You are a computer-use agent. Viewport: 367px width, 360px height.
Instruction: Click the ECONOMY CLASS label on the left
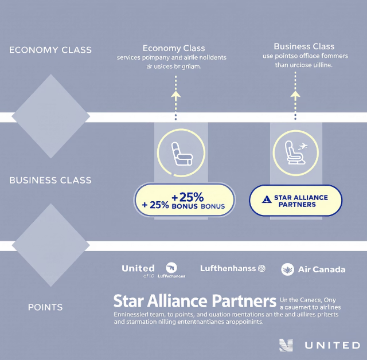50,50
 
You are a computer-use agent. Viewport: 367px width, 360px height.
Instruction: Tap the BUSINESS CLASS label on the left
50,181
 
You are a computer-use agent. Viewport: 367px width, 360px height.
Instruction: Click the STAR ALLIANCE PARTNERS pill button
295,201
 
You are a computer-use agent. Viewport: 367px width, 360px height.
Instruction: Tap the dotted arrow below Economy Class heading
176,103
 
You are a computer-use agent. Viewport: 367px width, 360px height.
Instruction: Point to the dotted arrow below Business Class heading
295,103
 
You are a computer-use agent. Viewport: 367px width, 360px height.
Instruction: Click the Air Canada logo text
322,269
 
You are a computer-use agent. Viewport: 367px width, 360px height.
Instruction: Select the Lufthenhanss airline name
227,268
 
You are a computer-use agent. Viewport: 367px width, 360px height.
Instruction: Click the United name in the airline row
138,268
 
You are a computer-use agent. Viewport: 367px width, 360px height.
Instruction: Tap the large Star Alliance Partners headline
195,301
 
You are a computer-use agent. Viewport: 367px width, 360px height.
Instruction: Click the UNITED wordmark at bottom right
332,345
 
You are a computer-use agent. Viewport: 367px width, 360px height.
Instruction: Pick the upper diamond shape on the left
50,116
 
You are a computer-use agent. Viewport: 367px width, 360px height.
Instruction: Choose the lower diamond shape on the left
50,245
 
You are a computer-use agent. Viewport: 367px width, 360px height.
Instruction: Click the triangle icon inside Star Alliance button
266,200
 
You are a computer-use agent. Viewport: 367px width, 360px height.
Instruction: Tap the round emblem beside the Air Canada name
288,269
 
